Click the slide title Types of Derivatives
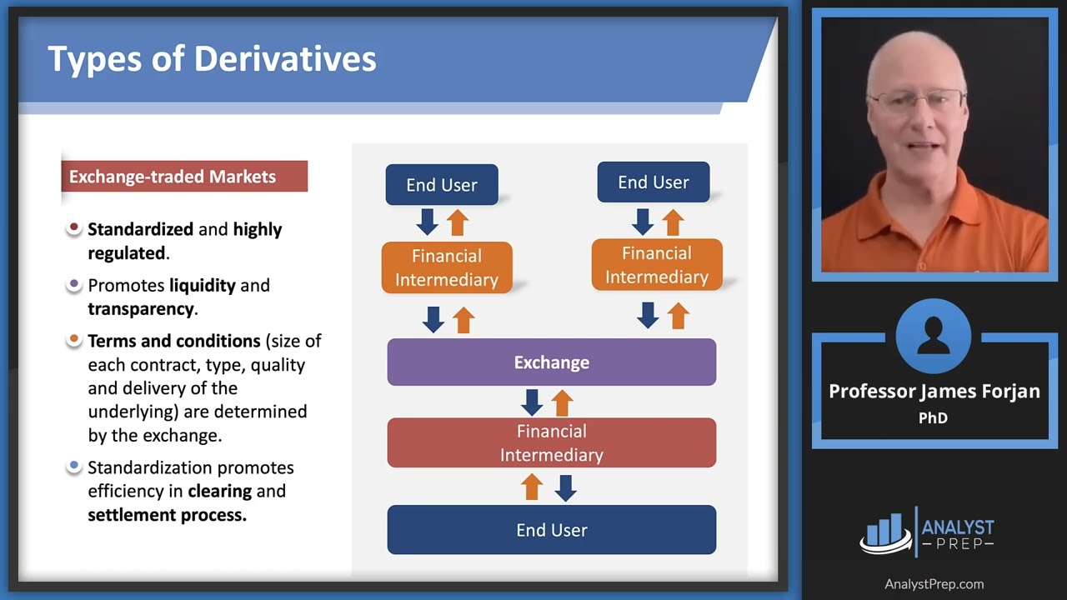coord(212,59)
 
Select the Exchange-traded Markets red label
coord(184,177)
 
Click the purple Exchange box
coord(551,362)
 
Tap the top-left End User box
coord(442,185)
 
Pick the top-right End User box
coord(653,182)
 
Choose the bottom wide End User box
coord(551,530)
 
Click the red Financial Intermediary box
coord(551,442)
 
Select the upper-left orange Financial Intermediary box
coord(447,267)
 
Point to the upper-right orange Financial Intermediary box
coord(656,265)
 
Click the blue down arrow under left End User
coord(428,222)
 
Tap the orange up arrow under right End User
coord(673,222)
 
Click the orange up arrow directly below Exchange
coord(563,402)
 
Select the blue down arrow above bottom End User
coord(566,487)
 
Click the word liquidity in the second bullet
coord(203,285)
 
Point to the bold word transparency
coord(141,308)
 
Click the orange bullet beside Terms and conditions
coord(74,340)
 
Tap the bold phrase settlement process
coord(167,514)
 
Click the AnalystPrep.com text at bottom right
coord(934,584)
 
